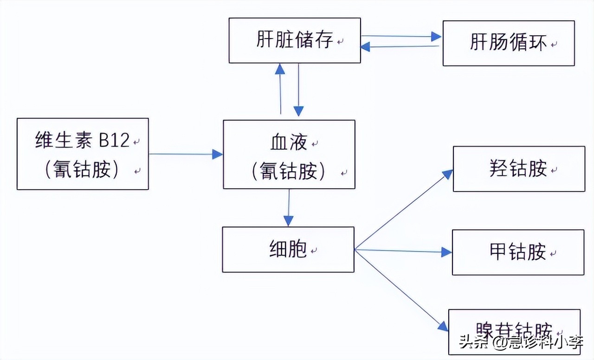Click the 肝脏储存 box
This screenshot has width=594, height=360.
point(294,40)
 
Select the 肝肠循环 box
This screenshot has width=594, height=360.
point(508,43)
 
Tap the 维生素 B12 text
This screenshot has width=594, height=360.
point(82,141)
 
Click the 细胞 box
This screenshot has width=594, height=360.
point(288,250)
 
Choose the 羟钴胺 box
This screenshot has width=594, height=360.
point(518,169)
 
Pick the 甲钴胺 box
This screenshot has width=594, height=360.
point(517,252)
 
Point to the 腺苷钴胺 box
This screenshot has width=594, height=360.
point(514,331)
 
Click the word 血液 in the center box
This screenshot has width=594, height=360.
point(289,143)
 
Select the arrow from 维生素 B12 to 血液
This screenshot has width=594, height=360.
point(186,154)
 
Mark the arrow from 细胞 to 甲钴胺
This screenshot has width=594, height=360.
point(403,251)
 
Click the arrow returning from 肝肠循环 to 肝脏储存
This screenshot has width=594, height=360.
point(399,46)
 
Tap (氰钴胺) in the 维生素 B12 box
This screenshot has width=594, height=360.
point(82,170)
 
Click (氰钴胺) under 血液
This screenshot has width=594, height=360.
point(289,172)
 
